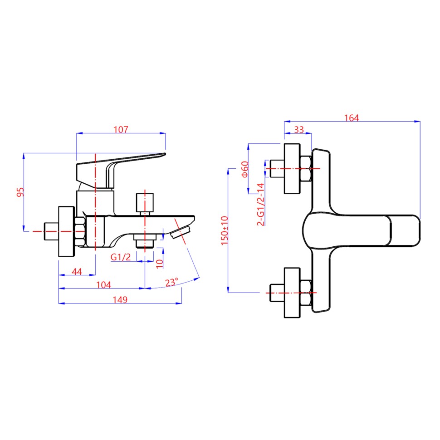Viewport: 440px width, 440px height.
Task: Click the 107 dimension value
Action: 121,129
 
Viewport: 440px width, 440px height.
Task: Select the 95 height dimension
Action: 20,191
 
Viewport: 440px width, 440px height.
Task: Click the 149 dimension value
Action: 121,299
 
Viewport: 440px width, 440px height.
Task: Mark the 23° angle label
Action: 171,283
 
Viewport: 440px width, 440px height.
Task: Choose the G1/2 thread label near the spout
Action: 121,257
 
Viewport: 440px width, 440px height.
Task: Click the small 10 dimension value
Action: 159,264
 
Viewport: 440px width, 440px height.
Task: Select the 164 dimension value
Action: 352,118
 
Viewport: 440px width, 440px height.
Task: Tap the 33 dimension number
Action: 298,129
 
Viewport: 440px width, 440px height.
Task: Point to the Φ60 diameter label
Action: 244,169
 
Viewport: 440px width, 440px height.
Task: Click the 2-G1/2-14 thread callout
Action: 260,204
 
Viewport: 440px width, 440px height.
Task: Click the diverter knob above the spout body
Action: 145,201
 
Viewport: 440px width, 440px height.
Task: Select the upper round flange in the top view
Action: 292,168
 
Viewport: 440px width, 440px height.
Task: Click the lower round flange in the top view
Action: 292,293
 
